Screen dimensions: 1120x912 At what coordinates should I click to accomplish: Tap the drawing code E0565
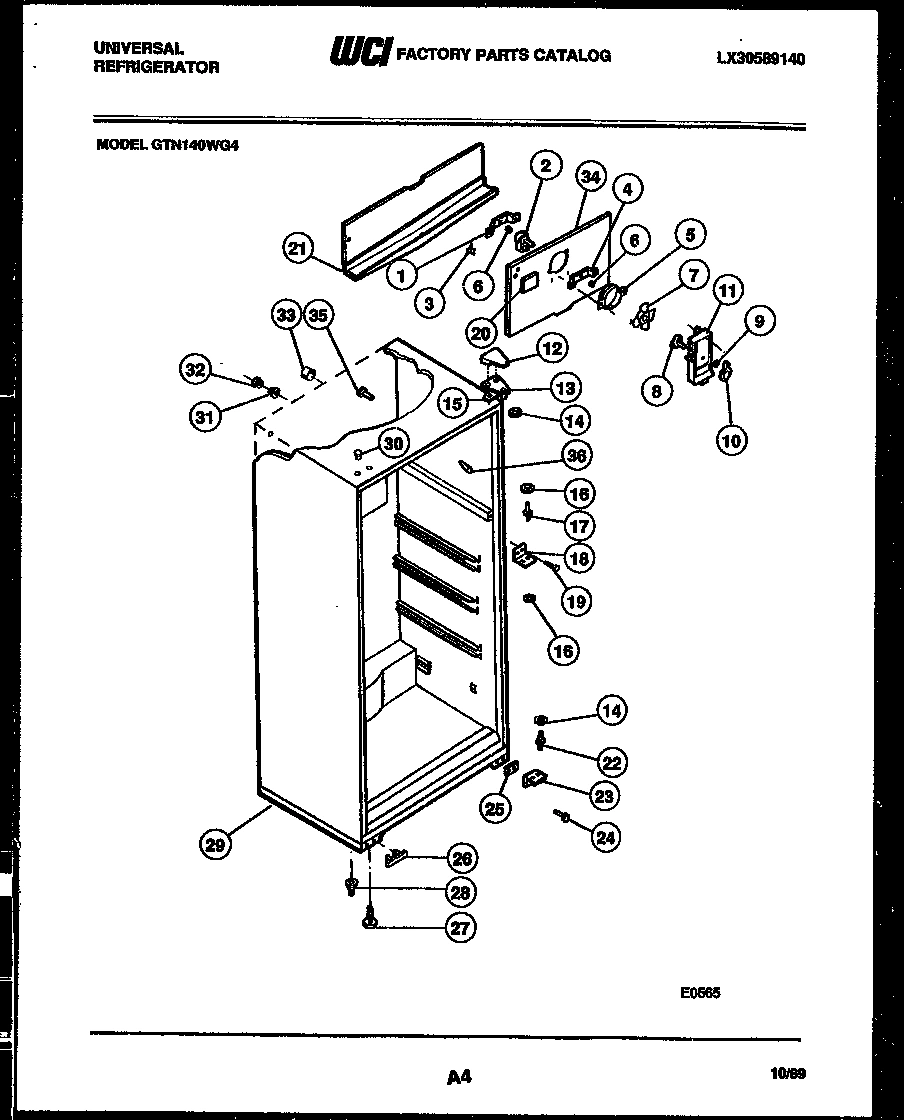tap(700, 993)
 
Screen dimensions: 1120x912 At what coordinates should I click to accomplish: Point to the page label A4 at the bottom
tap(458, 1076)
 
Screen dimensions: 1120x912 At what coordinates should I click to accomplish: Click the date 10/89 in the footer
tap(789, 1075)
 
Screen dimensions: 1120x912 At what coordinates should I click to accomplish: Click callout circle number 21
tap(297, 249)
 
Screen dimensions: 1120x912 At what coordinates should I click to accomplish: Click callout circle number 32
tap(195, 370)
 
